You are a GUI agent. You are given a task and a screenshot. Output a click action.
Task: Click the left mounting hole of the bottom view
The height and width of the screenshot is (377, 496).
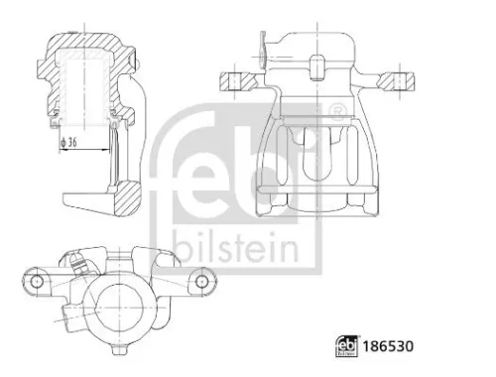coord(37,283)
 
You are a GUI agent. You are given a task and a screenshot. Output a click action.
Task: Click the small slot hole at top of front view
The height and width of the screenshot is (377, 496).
coord(316,66)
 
